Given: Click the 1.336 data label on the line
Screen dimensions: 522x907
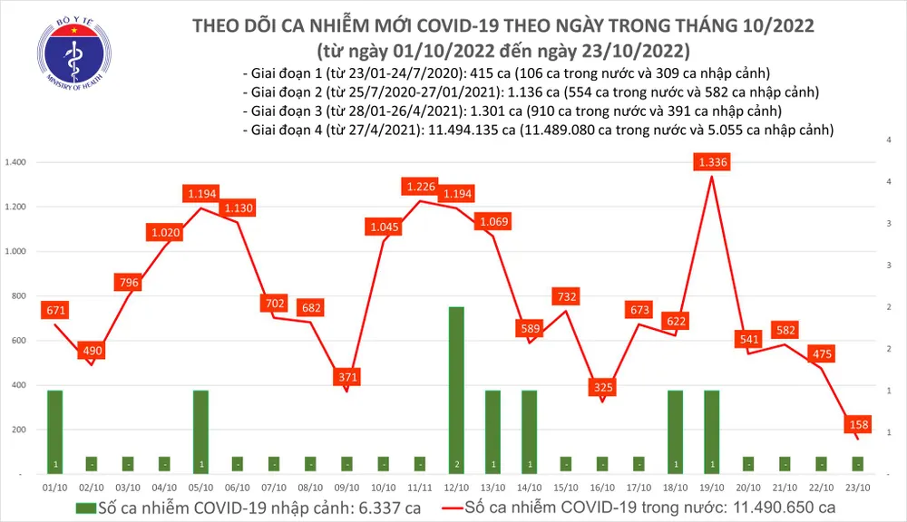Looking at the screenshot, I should coord(713,162).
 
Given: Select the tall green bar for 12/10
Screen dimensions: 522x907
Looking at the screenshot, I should coord(455,390).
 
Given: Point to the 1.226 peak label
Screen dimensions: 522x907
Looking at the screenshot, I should coord(419,188).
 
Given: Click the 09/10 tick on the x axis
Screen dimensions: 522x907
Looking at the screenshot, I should coord(346,487).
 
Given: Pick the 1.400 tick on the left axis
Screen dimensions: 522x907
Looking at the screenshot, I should coord(18,162).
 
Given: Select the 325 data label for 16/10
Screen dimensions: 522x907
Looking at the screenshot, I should coord(603,387).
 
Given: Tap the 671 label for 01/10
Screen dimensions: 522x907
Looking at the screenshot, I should coord(55,311).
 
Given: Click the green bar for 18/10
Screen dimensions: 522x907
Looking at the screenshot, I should coord(676,431).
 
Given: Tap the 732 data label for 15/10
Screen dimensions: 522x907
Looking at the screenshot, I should coord(566,296).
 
